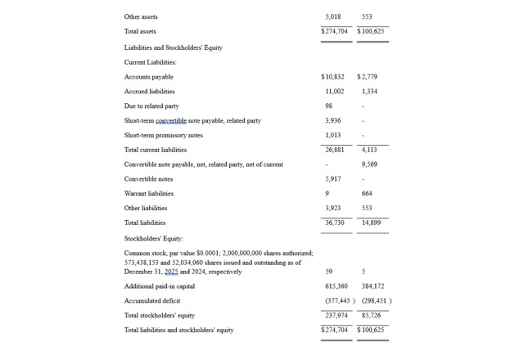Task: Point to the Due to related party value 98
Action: click(328, 106)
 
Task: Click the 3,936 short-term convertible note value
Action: click(332, 121)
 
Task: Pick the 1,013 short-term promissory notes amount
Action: click(332, 136)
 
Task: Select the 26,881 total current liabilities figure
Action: click(334, 151)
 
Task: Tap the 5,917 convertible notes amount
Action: click(332, 179)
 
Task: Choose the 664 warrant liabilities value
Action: click(367, 194)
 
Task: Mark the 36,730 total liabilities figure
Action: click(334, 223)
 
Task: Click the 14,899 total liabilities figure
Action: click(371, 223)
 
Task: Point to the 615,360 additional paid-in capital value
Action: click(337, 286)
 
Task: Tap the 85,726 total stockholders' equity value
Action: click(371, 315)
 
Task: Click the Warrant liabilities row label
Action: click(149, 194)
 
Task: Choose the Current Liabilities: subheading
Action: click(151, 62)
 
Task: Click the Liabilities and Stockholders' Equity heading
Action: click(173, 47)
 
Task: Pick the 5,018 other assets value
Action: click(333, 16)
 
